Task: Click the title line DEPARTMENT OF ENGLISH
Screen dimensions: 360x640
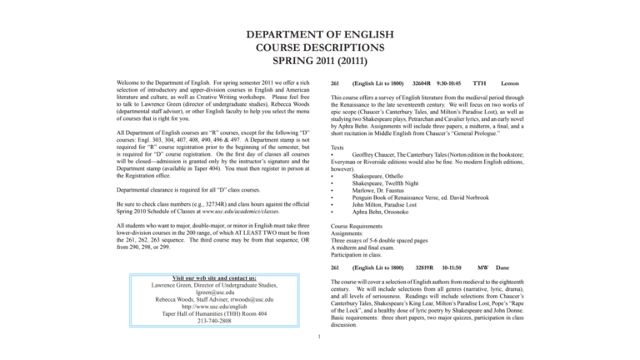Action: (x=320, y=34)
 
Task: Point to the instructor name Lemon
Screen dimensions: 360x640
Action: (x=509, y=83)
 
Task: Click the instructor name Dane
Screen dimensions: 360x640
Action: (x=502, y=267)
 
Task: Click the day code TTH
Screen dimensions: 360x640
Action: (x=479, y=83)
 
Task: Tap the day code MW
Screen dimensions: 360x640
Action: (x=482, y=267)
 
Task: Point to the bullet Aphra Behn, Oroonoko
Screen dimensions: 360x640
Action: (x=382, y=212)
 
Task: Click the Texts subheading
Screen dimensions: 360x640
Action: (x=337, y=147)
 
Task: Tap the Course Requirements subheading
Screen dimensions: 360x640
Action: (x=357, y=226)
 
